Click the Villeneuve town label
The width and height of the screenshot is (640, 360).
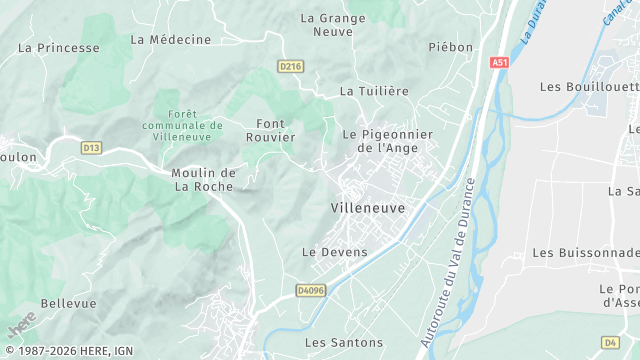[367, 208]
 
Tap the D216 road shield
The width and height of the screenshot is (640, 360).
[290, 67]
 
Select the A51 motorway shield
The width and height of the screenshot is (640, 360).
[500, 62]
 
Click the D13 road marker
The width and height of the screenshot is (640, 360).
[92, 148]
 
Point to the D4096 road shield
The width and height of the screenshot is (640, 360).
[311, 290]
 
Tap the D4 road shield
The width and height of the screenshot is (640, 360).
[610, 341]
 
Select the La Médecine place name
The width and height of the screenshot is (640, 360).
[171, 40]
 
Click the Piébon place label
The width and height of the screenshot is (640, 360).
[450, 47]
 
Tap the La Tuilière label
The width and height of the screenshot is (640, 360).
[375, 91]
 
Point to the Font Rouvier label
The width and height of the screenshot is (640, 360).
[270, 130]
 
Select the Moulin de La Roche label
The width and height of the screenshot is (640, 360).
[203, 179]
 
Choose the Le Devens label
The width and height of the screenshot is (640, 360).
[335, 253]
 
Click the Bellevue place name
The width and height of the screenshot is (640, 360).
[69, 303]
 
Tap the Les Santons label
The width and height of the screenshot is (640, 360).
[344, 342]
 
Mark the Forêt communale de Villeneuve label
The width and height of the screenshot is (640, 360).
[182, 125]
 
